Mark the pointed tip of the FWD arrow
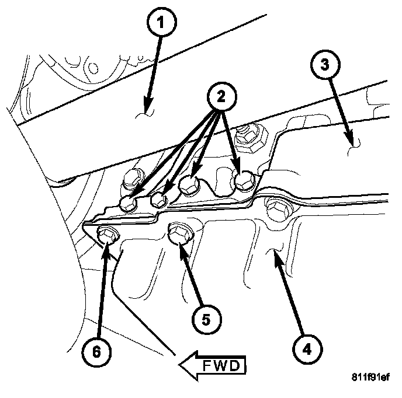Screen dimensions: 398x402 [x=181, y=366]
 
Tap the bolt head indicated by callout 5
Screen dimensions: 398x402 [x=178, y=234]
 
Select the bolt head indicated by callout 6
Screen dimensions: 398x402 [x=106, y=234]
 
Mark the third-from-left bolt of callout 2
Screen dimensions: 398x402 [x=189, y=185]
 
